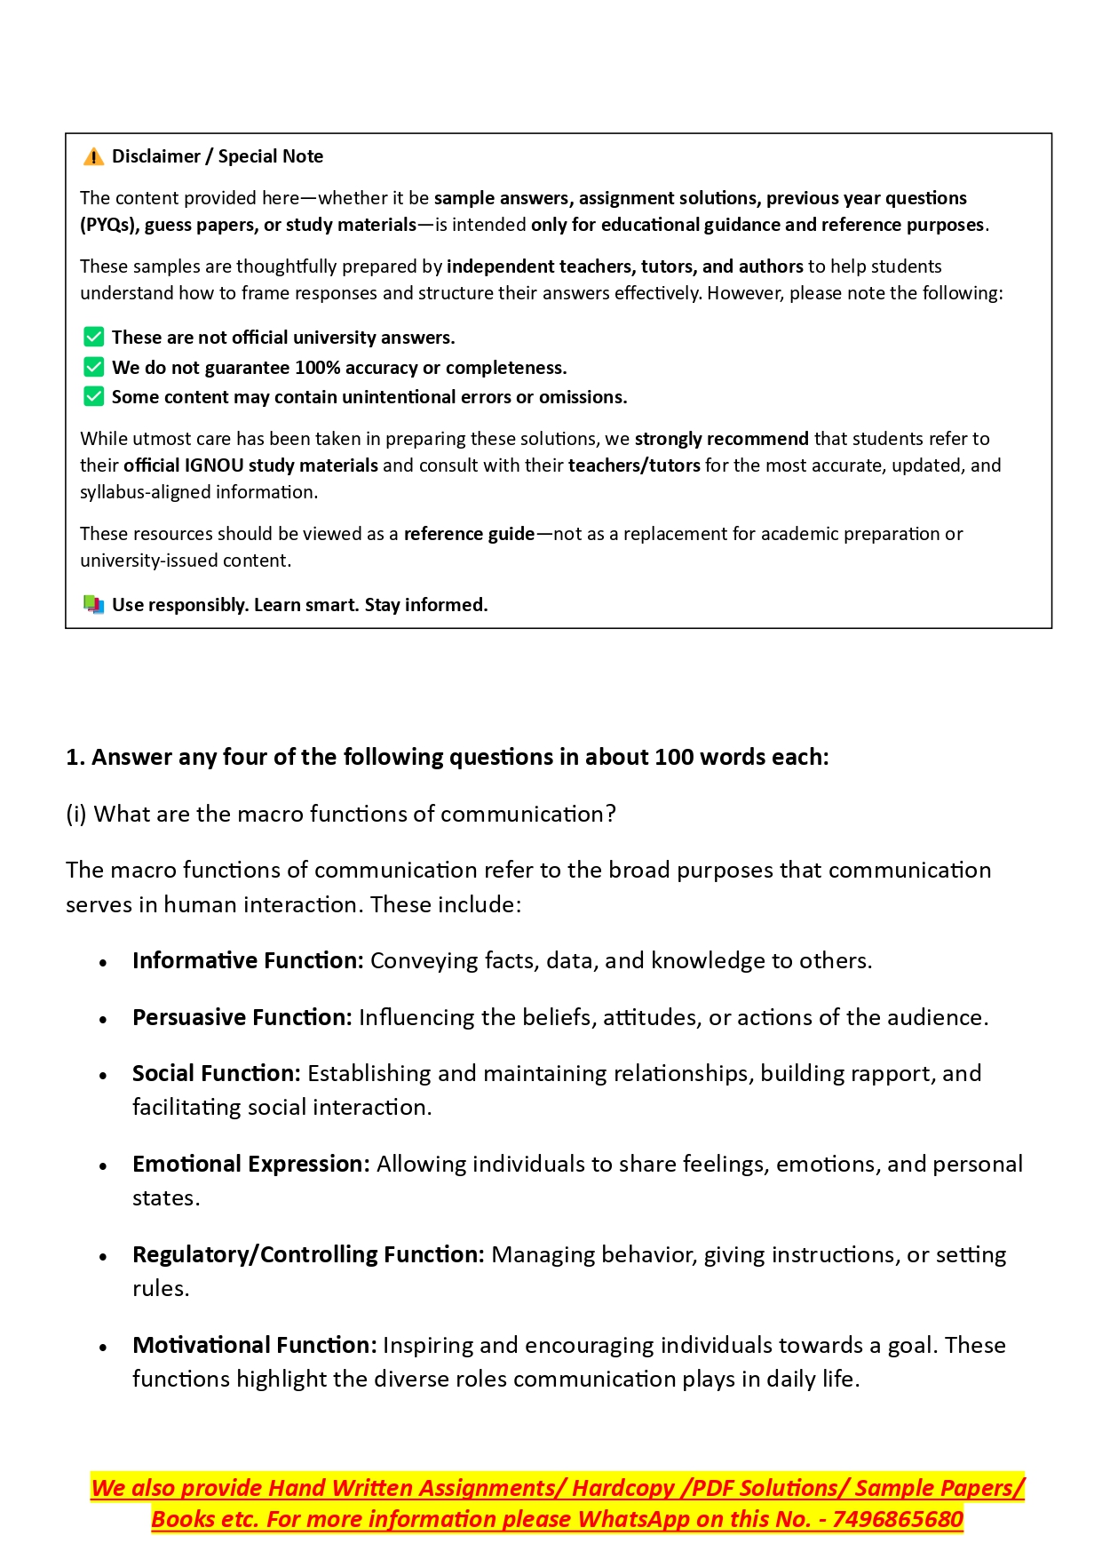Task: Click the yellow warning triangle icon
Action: point(93,157)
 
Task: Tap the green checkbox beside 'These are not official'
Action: point(93,338)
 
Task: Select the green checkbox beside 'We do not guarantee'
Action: point(93,368)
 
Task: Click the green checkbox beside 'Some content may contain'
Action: point(93,397)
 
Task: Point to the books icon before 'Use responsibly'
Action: point(93,605)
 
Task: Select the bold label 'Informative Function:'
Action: point(248,961)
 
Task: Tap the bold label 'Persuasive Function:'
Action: point(242,1018)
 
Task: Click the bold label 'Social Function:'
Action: point(217,1074)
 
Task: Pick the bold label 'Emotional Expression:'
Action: point(251,1165)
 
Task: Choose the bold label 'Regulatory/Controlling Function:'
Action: point(308,1255)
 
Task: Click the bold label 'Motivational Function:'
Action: point(255,1346)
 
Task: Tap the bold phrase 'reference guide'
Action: point(469,534)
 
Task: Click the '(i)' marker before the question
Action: point(76,815)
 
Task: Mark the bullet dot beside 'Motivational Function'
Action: point(104,1348)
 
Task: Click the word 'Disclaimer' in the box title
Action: point(156,156)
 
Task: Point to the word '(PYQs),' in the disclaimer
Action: point(109,225)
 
